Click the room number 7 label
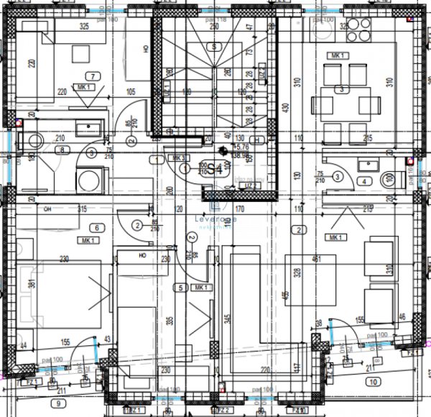tap(91, 75)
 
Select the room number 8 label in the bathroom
tap(62, 150)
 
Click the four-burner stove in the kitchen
tap(359, 29)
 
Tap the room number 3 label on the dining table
tap(342, 90)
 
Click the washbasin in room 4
tap(368, 164)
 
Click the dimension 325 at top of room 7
tap(84, 27)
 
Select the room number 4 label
tap(364, 181)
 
